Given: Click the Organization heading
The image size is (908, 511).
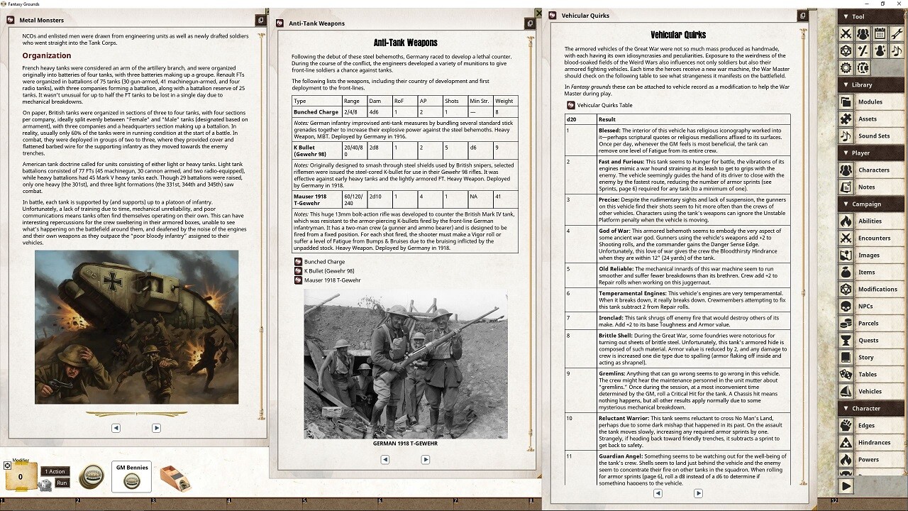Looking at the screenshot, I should [47, 55].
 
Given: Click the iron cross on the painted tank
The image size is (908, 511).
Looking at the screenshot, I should [113, 282].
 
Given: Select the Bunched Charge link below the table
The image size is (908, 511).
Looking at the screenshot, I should [324, 262].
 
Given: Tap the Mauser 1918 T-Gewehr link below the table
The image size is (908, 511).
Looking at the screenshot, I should [333, 280].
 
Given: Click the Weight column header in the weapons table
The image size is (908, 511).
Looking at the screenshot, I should [504, 101].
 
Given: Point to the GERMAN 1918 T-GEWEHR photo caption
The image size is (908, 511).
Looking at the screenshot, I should [405, 444].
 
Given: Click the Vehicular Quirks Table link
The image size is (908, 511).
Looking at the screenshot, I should [604, 105].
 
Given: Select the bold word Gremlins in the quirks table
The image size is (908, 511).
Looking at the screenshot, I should [611, 373].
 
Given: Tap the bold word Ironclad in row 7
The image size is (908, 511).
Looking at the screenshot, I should [611, 318].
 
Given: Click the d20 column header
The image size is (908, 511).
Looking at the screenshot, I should [572, 119].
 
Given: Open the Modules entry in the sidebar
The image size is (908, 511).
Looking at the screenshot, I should [870, 101].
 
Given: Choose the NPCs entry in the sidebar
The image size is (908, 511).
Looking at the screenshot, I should [865, 306].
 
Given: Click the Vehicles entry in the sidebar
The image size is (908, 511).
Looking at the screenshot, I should [870, 391].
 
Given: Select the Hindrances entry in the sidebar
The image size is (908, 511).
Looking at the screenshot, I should [874, 442].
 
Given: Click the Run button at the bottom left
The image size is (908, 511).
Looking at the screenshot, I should [62, 483].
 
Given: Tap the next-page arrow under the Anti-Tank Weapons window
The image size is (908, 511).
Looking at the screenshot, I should [426, 459].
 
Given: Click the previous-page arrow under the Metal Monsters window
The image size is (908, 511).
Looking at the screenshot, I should [116, 428].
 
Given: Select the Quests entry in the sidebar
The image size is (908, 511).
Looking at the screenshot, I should [868, 340].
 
